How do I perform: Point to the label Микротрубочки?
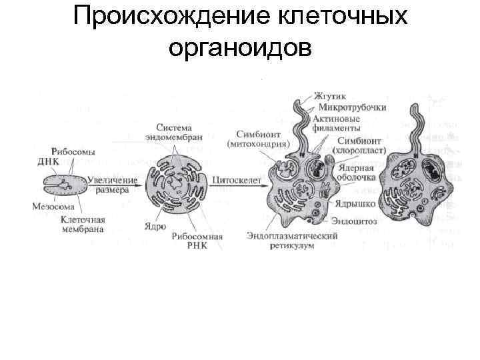pos(353,107)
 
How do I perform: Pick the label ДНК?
pos(49,161)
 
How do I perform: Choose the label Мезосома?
pos(49,206)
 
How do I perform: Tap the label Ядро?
pos(155,226)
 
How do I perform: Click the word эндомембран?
pos(169,137)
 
